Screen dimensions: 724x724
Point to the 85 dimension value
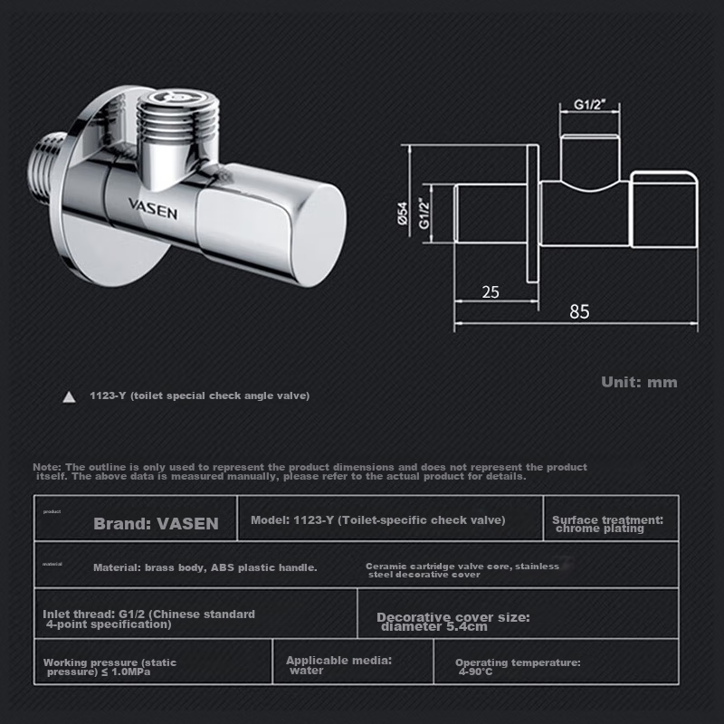(x=579, y=311)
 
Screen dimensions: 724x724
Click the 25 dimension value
(x=490, y=291)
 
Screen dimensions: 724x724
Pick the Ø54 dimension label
(x=404, y=213)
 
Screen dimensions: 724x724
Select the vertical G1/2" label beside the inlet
(x=424, y=213)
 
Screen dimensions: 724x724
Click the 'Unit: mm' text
(x=639, y=382)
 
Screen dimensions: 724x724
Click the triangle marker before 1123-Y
(x=68, y=396)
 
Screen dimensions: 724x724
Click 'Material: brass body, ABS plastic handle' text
(x=205, y=567)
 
